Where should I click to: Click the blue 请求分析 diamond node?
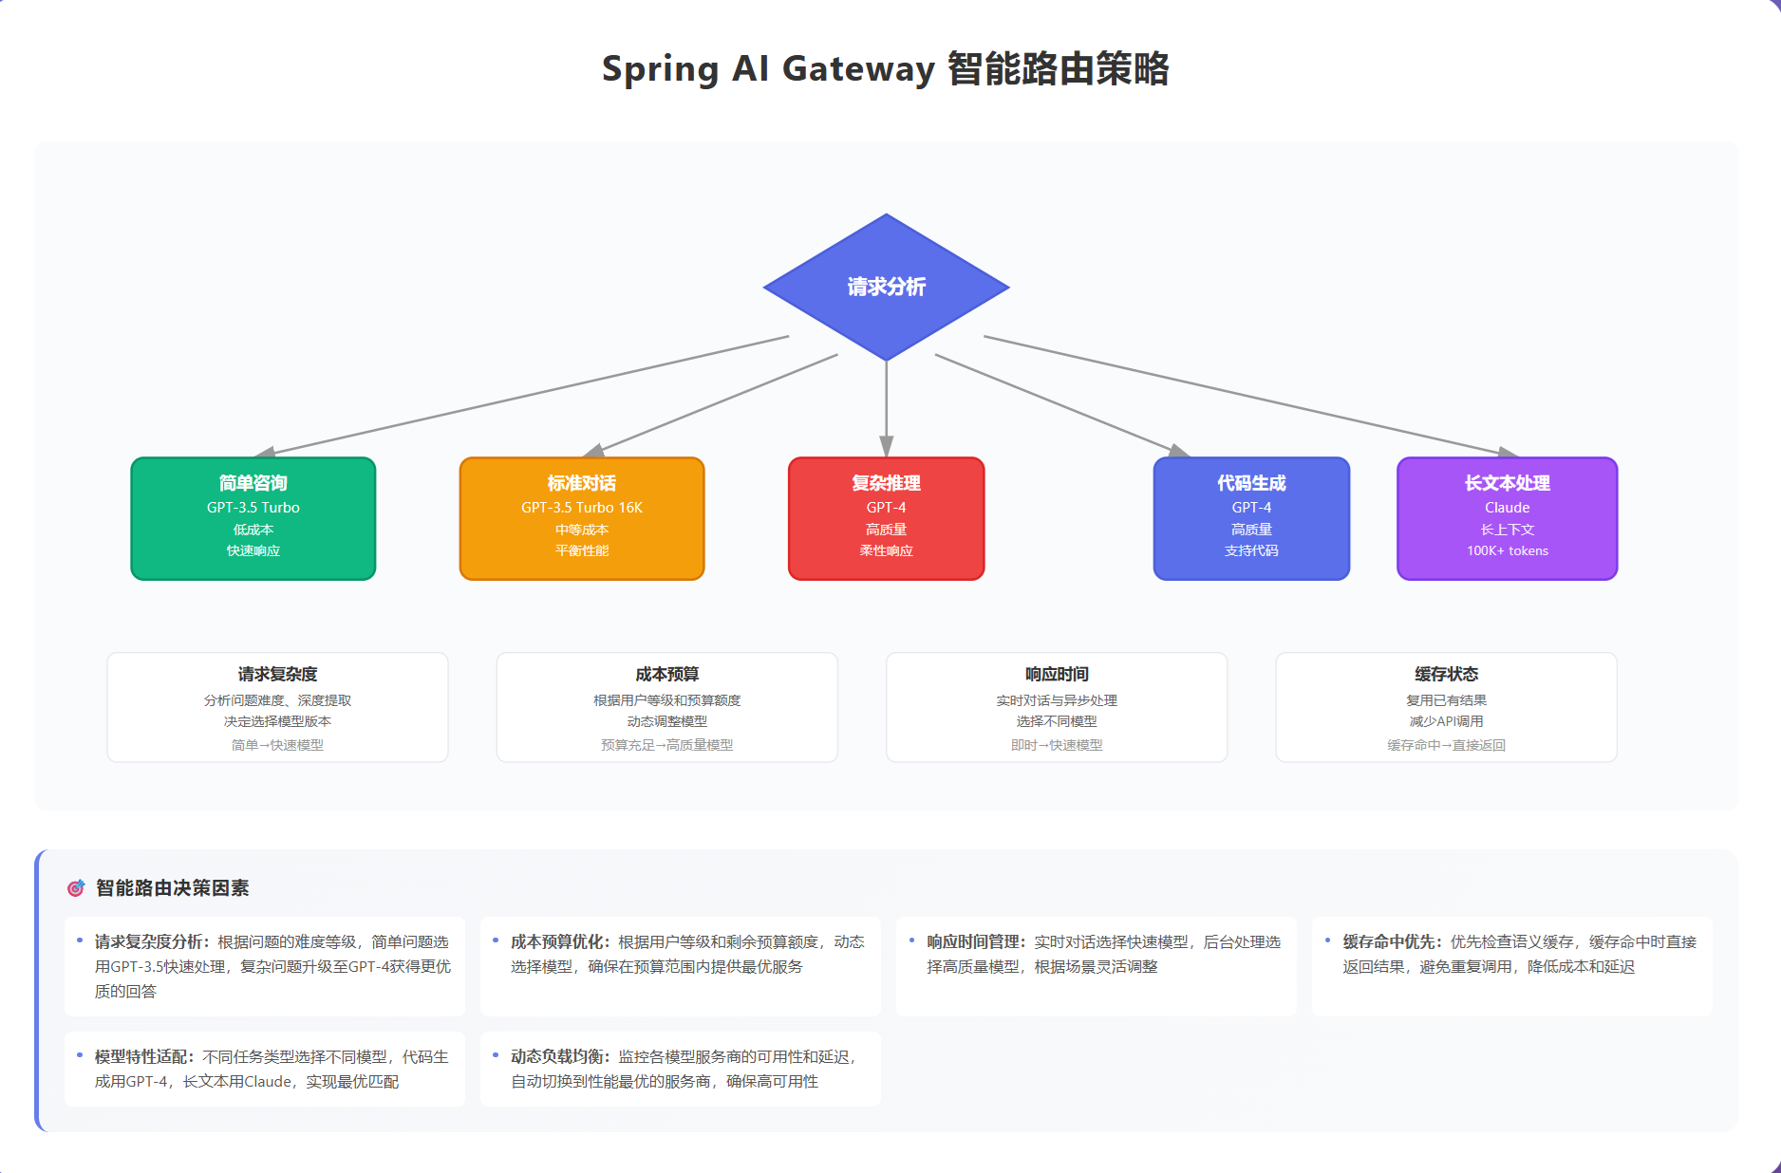[886, 287]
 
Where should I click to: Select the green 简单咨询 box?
[253, 518]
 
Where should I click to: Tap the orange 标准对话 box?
[582, 518]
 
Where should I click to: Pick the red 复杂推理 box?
[886, 518]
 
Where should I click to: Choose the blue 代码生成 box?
[1251, 518]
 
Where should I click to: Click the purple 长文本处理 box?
[1507, 518]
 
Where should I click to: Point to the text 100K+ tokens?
[1507, 550]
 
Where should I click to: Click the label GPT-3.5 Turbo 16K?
[582, 508]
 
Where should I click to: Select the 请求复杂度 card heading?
[277, 674]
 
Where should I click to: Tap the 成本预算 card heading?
[666, 674]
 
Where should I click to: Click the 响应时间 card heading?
[1057, 674]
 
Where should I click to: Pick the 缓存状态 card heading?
[1446, 674]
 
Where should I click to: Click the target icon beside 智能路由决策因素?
[76, 888]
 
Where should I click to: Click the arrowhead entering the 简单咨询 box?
[266, 452]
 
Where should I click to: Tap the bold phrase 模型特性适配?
[141, 1056]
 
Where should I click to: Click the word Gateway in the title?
[858, 69]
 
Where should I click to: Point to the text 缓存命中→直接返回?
[1446, 745]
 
